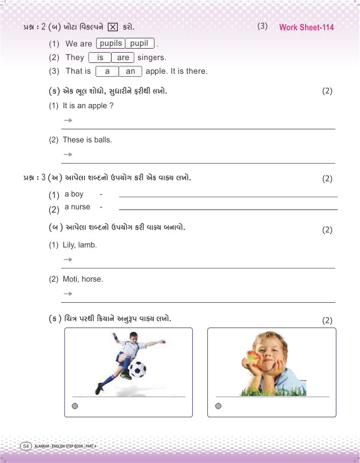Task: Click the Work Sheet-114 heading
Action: click(x=306, y=27)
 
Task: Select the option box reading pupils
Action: click(x=110, y=43)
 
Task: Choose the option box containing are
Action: click(x=122, y=57)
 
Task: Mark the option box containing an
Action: click(x=130, y=72)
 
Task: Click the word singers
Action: click(x=152, y=57)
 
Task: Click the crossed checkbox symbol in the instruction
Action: click(x=112, y=27)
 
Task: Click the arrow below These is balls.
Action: click(x=68, y=154)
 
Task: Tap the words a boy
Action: click(x=74, y=195)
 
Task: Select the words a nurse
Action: click(x=77, y=207)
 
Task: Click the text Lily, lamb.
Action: click(x=80, y=244)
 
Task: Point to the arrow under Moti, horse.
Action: click(x=68, y=294)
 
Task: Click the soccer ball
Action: click(x=137, y=369)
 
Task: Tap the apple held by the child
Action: click(x=251, y=358)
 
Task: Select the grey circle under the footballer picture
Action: click(x=74, y=406)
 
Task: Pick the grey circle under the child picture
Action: click(x=218, y=406)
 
